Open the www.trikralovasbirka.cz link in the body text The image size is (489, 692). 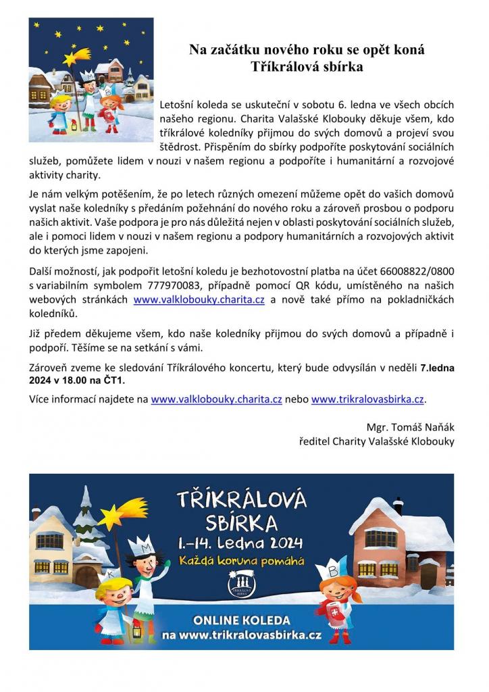(x=367, y=399)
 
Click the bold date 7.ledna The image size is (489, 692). (x=437, y=368)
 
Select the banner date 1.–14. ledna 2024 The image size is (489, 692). (x=240, y=543)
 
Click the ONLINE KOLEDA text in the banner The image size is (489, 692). (x=241, y=620)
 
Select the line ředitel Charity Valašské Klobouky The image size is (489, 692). (x=377, y=441)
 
